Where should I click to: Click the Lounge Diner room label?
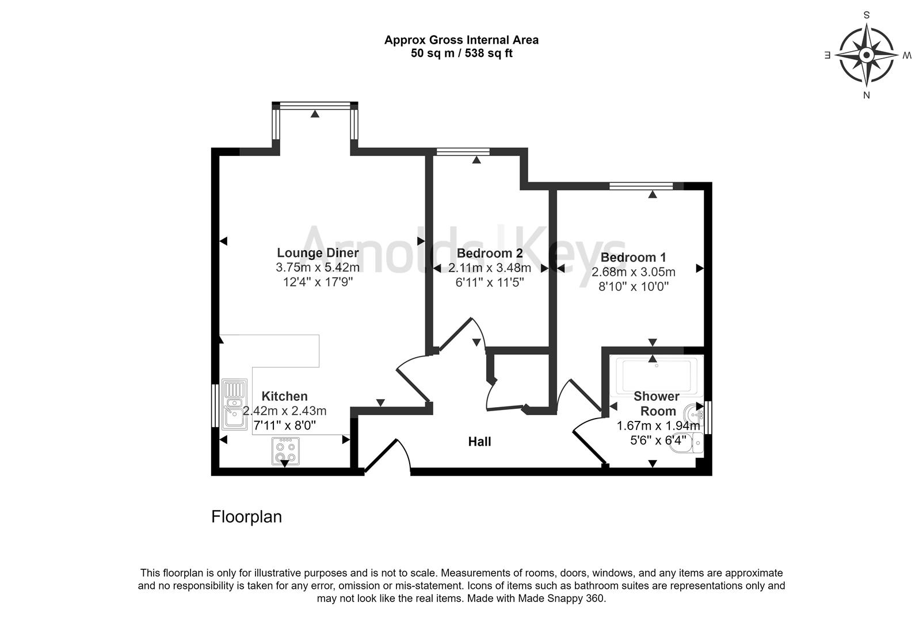tap(318, 253)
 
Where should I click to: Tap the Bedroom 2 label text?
tap(489, 254)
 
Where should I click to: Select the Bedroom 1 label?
tap(633, 258)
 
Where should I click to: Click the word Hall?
tap(479, 442)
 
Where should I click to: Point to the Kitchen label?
tap(284, 396)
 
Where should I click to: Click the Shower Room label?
tap(657, 404)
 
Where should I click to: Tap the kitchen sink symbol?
tap(234, 404)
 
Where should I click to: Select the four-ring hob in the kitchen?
tap(285, 451)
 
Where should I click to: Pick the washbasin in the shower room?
tap(695, 413)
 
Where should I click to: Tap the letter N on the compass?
tap(866, 95)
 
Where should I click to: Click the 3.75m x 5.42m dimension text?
tap(318, 267)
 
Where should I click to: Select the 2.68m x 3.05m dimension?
tap(633, 272)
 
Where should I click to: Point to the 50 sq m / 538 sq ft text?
tap(461, 54)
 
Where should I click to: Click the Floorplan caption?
tap(246, 516)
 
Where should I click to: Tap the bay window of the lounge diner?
tap(315, 106)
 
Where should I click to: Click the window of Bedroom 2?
tap(463, 152)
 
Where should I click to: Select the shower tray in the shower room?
tap(656, 374)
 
